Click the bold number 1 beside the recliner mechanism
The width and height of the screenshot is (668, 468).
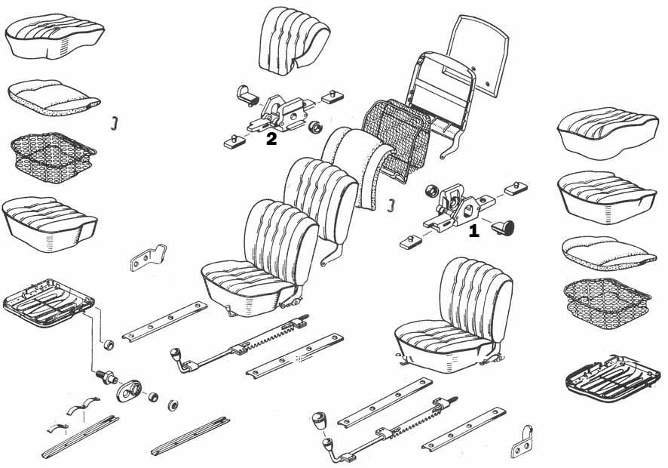click(473, 231)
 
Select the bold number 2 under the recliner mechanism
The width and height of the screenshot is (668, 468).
click(271, 138)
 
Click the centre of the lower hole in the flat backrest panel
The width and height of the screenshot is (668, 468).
click(489, 82)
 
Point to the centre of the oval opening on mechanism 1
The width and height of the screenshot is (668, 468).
click(468, 210)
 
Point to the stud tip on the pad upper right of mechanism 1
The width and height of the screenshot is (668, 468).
click(516, 184)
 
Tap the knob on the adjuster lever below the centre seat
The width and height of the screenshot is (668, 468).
click(175, 353)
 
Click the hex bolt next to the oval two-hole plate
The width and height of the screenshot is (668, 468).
click(106, 377)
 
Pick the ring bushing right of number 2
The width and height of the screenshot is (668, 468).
click(316, 127)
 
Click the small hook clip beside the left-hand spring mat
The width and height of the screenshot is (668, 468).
click(113, 123)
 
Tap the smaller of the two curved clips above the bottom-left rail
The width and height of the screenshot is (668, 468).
click(57, 427)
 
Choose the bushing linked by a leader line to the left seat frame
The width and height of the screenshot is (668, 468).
click(109, 345)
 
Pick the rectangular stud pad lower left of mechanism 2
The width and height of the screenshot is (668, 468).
click(234, 141)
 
